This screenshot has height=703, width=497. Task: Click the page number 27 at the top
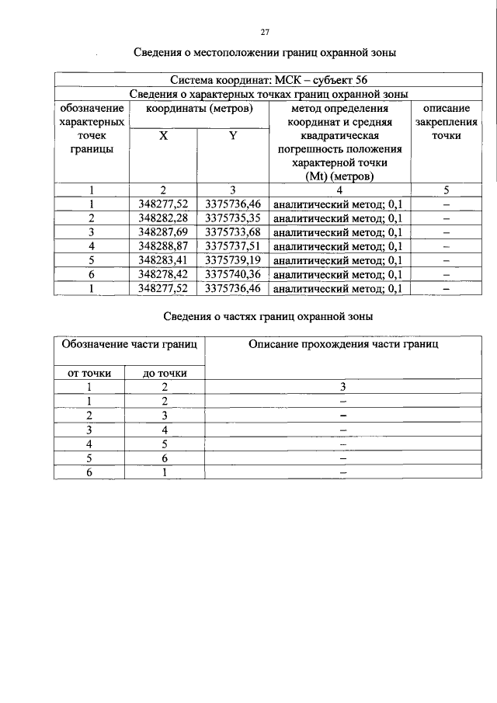[x=264, y=32]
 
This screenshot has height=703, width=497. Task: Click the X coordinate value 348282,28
[x=163, y=218]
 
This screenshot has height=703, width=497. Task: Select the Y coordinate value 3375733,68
[x=233, y=231]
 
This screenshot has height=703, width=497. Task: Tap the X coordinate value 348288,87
[x=163, y=245]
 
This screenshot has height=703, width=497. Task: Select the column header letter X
[x=163, y=136]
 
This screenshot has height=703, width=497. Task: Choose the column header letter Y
[x=233, y=136]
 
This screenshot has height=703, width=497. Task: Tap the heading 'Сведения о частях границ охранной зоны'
[x=268, y=316]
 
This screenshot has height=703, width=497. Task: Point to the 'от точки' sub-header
[x=89, y=373]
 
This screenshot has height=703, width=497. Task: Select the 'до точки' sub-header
[x=165, y=373]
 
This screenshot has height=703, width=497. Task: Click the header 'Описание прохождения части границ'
[x=342, y=343]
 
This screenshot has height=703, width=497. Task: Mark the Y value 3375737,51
[x=233, y=245]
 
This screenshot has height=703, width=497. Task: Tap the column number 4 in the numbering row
[x=339, y=190]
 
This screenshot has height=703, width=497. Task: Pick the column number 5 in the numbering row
[x=447, y=190]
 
